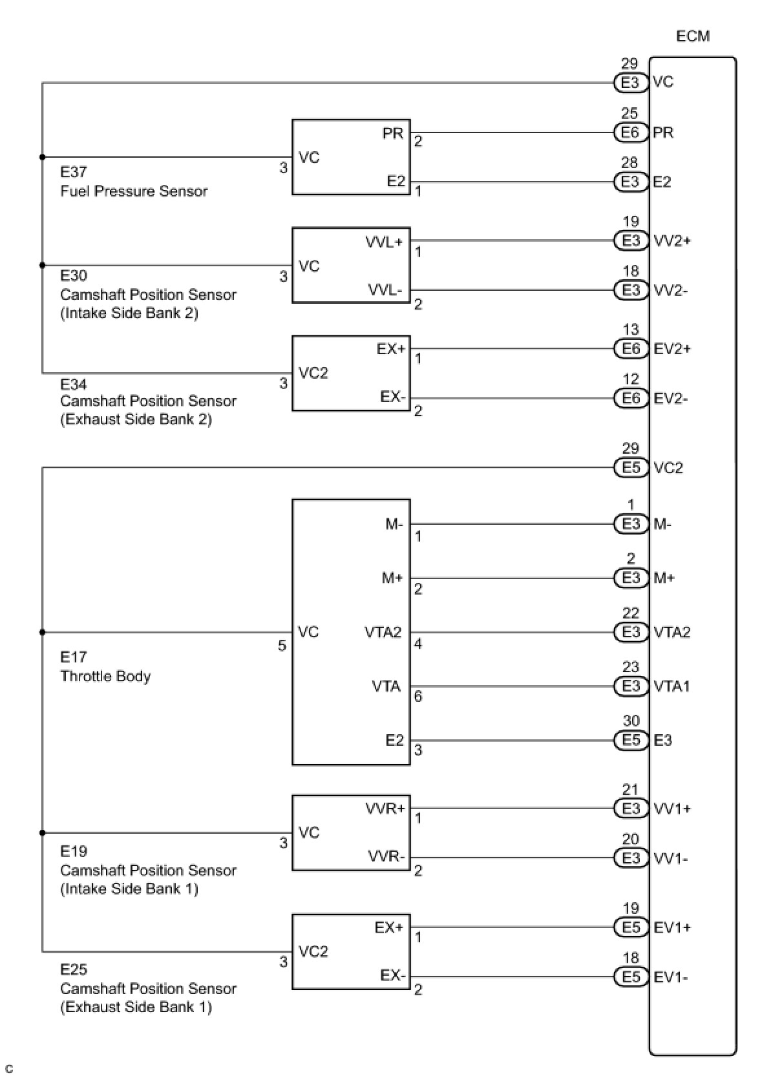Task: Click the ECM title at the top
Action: click(x=692, y=36)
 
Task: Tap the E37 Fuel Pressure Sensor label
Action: click(x=133, y=182)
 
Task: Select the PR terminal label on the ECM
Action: click(x=663, y=132)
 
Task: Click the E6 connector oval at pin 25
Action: click(x=630, y=132)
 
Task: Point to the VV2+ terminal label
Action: click(x=672, y=240)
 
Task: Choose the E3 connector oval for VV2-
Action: click(x=630, y=290)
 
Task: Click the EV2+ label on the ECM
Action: click(x=672, y=349)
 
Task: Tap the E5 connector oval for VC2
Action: click(x=630, y=467)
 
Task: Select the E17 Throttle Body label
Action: click(x=105, y=667)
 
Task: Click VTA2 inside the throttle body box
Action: click(x=383, y=632)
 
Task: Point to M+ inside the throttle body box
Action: click(x=392, y=578)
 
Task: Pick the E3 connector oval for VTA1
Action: click(x=630, y=686)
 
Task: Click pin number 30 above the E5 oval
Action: click(x=631, y=721)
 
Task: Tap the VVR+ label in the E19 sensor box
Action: click(x=385, y=808)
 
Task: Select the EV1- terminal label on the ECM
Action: click(x=671, y=977)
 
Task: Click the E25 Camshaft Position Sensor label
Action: click(x=147, y=988)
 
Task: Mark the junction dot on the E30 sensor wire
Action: click(x=43, y=265)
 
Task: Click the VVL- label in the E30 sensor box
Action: click(x=385, y=290)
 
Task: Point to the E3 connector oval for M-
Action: click(x=630, y=524)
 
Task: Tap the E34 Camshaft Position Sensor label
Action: click(x=147, y=401)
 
